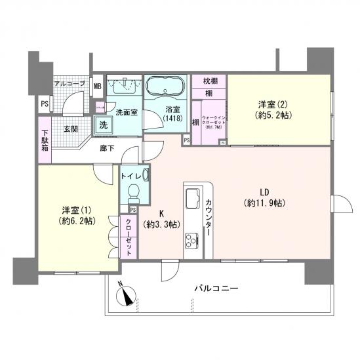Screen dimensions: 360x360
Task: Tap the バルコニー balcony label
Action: tap(216, 289)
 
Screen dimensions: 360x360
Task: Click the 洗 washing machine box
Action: tap(104, 124)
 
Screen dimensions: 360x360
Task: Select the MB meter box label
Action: tap(97, 86)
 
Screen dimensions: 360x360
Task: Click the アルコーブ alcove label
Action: tap(68, 85)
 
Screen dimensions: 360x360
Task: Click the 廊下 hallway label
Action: tap(108, 149)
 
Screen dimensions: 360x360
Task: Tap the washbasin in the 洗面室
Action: tap(124, 86)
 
